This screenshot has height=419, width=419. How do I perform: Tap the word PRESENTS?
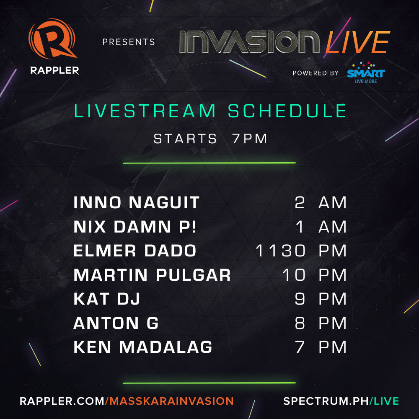coord(129,42)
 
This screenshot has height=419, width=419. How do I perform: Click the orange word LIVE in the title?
coord(357,42)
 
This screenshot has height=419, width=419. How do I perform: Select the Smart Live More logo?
coord(365,72)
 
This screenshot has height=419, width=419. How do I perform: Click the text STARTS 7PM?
coord(210,139)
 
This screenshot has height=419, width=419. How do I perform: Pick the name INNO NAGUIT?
coord(136,203)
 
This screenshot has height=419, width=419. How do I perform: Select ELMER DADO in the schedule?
coord(134,251)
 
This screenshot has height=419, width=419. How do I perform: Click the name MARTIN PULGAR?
coord(152,275)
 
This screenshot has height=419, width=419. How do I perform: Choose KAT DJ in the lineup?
coord(106,299)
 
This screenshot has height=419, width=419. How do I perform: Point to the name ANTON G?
coord(116,323)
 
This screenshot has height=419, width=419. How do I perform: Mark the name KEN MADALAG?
coord(142,347)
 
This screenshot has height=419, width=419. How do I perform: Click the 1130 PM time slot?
coord(301,251)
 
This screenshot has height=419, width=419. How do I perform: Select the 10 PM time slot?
coord(315,275)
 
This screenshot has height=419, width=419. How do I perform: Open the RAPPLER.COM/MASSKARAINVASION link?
coord(127,401)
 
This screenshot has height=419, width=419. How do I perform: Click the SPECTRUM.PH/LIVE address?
coord(341,401)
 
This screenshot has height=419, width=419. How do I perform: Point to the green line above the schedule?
coord(209,163)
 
